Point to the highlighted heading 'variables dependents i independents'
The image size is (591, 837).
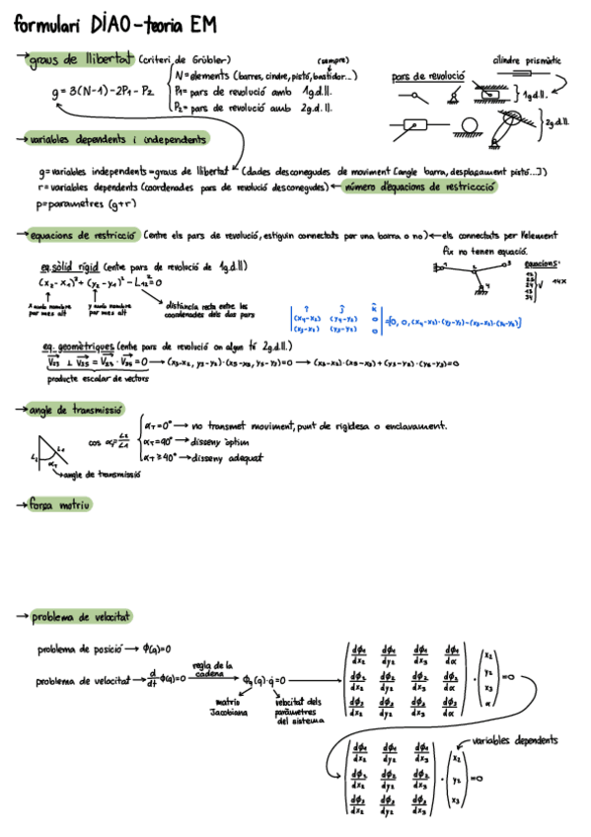118,139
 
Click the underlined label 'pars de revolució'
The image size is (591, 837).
428,77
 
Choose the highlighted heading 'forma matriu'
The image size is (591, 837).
60,504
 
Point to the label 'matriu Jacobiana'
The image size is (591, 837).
233,705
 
